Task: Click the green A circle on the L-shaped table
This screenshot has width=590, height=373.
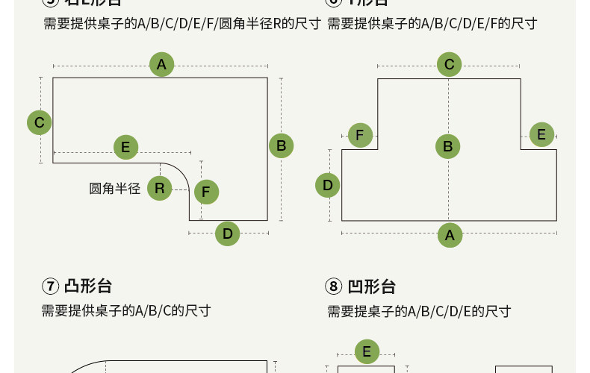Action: coord(161,64)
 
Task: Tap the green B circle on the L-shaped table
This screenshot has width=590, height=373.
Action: coord(281,145)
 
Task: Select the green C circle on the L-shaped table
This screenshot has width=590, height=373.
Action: coord(40,122)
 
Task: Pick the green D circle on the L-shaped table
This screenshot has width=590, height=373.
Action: coord(228,233)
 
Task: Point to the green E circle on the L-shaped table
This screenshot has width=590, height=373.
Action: coord(125,147)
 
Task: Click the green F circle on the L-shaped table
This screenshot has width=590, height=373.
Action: coord(206,191)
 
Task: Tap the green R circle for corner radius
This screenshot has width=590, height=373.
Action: coord(159,187)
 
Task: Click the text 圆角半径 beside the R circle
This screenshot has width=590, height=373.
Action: coord(115,188)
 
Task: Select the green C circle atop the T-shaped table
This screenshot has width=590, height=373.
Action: coord(449,64)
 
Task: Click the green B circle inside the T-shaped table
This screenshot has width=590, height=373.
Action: coord(448,146)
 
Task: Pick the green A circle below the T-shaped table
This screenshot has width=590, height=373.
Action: coord(449,236)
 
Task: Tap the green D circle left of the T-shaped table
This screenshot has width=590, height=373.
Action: coord(327,184)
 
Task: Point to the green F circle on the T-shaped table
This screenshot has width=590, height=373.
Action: coord(360,135)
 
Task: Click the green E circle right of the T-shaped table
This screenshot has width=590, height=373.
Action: coord(541,135)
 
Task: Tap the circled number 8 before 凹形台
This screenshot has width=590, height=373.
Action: coord(333,286)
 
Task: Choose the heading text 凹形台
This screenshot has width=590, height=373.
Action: coord(371,286)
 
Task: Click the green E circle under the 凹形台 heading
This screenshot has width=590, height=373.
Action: coord(366,351)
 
